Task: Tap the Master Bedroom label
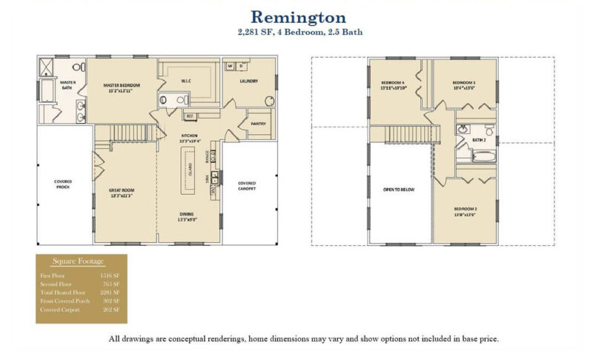pos(122,87)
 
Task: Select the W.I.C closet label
pos(187,79)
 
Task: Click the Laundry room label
pos(249,81)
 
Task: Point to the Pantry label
pos(259,124)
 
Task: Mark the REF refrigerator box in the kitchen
pos(190,116)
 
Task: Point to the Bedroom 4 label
pos(394,84)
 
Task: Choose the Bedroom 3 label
pos(464,84)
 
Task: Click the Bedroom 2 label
pos(465,211)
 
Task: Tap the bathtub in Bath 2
pos(474,157)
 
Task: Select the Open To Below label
pos(399,190)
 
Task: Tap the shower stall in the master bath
pos(47,68)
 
